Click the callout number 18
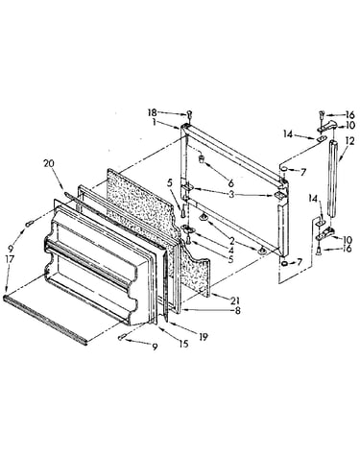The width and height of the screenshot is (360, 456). coord(153,112)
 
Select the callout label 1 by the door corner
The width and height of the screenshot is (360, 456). coord(155,122)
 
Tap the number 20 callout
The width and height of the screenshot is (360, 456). coord(49,163)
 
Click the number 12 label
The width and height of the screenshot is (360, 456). coord(349,141)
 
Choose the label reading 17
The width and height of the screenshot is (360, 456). coord(10,258)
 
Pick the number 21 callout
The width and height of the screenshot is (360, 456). coord(236,300)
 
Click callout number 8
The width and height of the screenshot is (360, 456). coord(237,310)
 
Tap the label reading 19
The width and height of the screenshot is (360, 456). coord(203,336)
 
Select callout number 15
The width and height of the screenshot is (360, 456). coord(183,344)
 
